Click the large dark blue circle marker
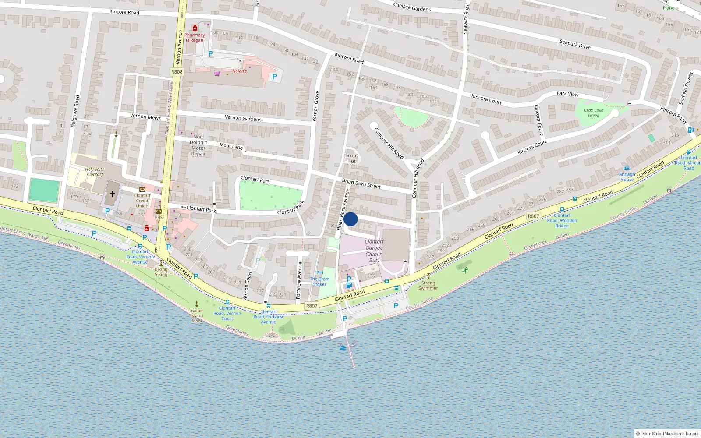pos(350,219)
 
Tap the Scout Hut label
pos(351,158)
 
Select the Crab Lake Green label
pos(594,113)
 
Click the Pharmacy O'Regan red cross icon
pos(195,28)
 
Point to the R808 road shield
pos(177,72)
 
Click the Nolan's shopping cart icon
pos(217,73)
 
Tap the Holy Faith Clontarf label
pos(95,172)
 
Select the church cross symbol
pos(113,194)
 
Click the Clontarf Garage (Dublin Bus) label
pos(374,251)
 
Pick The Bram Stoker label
pos(320,282)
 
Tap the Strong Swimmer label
pos(428,285)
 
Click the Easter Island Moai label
pos(197,315)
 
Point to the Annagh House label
pos(627,177)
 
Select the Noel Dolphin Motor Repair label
pos(198,145)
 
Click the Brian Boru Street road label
pos(361,184)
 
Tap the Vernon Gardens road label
pos(243,118)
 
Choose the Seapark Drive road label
pos(575,44)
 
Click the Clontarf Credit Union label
pos(142,201)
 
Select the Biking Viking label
pos(161,272)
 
